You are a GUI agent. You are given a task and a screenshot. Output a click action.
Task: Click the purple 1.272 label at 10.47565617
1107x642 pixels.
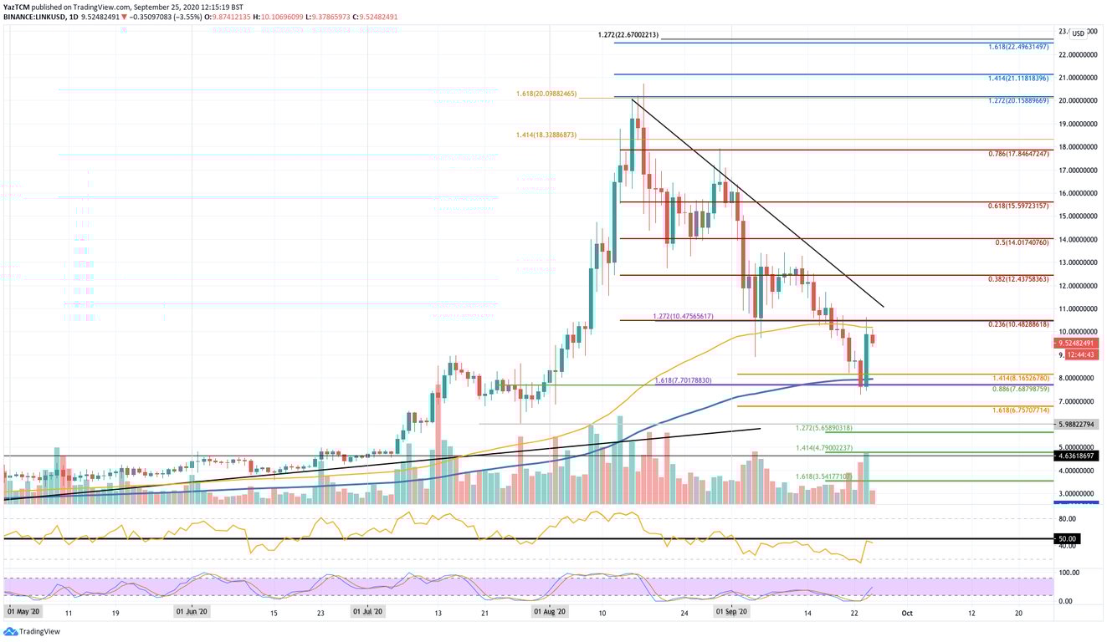coord(682,317)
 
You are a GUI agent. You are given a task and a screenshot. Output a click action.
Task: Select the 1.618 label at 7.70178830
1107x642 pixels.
coord(682,380)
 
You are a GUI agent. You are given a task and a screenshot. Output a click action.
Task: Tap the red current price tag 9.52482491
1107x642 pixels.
coord(1076,344)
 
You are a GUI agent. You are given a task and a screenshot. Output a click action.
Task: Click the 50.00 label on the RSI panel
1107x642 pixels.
coord(1066,539)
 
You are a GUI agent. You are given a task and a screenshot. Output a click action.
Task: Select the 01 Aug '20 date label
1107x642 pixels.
coord(551,613)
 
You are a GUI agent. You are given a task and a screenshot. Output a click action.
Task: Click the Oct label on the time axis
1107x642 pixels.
coord(906,613)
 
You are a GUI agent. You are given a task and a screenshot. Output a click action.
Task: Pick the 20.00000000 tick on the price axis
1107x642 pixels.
coord(1076,100)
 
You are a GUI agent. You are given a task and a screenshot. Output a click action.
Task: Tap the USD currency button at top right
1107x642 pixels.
coord(1078,33)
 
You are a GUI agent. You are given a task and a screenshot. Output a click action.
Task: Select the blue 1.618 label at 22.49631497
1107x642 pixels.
coord(1017,48)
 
